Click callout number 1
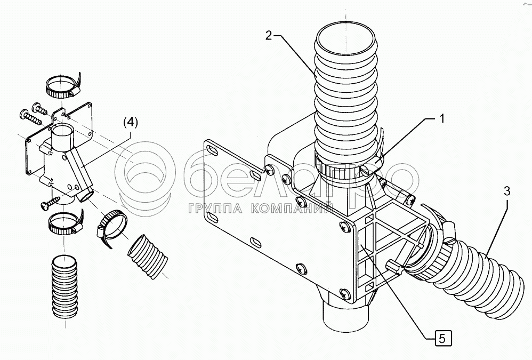click(x=441, y=119)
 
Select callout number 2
click(x=269, y=36)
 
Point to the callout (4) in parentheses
click(x=131, y=122)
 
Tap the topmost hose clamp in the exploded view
click(x=61, y=85)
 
